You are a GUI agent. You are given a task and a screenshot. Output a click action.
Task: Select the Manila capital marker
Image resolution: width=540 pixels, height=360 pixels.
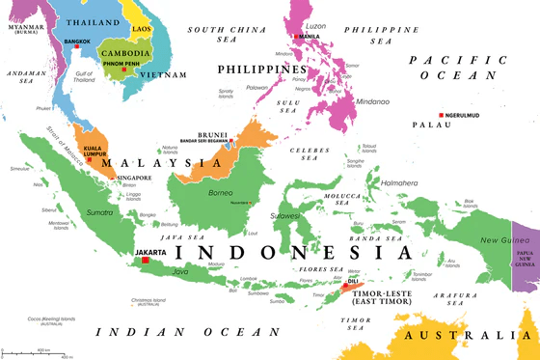click(301, 36)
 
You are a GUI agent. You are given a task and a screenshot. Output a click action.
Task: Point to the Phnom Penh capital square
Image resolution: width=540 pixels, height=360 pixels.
click(123, 69)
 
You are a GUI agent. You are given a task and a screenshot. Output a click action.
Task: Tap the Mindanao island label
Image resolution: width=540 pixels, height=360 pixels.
click(368, 99)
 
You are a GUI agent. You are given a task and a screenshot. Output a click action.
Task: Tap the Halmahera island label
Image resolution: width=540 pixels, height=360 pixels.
click(400, 182)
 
